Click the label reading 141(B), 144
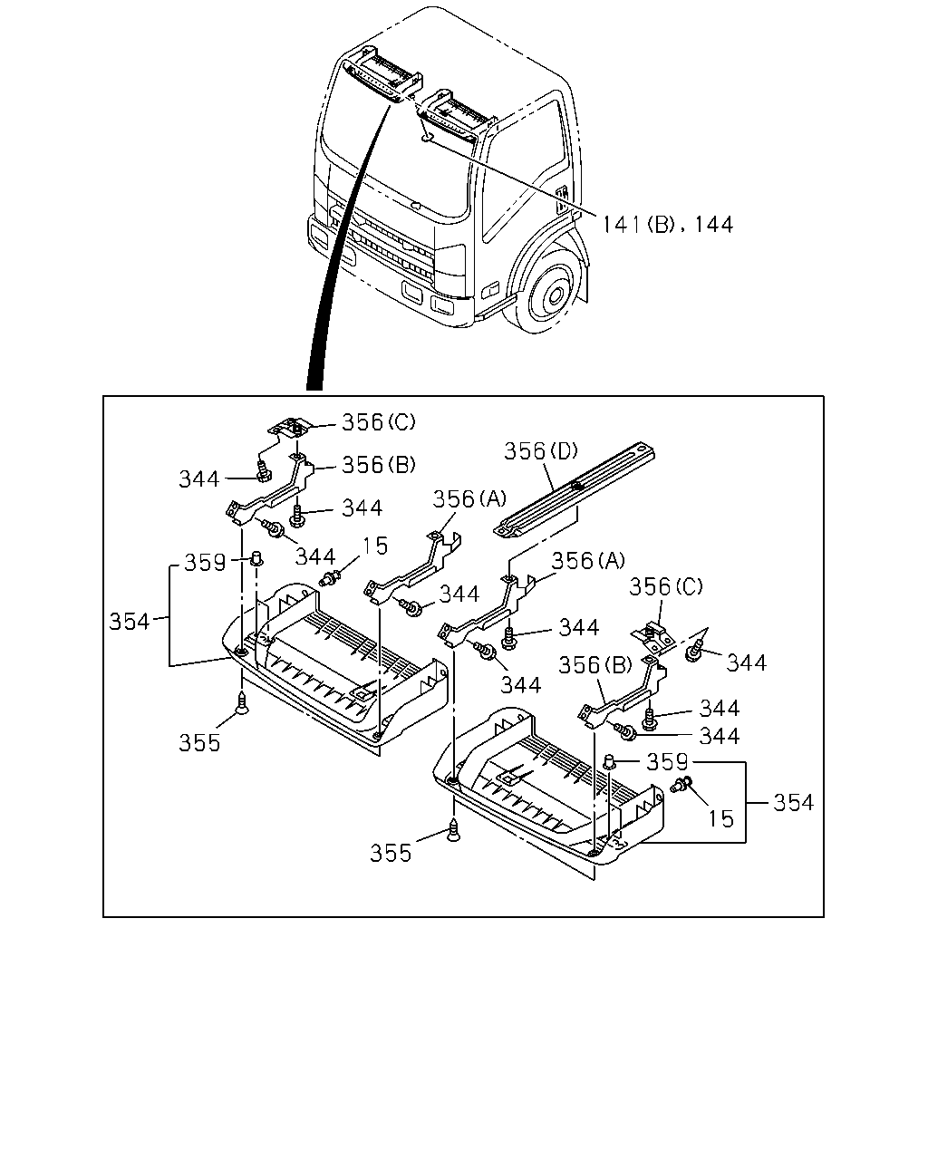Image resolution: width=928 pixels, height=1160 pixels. pyautogui.click(x=667, y=224)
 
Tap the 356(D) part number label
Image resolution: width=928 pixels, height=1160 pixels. pyautogui.click(x=541, y=450)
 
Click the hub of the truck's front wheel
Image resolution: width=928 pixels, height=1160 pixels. pyautogui.click(x=555, y=296)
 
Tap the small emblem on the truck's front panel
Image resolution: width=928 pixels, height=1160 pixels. pyautogui.click(x=415, y=206)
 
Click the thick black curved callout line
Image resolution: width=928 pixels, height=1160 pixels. pyautogui.click(x=340, y=243)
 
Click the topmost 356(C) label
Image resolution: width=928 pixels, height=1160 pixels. pyautogui.click(x=379, y=422)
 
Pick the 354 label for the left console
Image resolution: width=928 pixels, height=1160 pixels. pyautogui.click(x=129, y=622)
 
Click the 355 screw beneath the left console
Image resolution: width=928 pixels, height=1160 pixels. pyautogui.click(x=243, y=703)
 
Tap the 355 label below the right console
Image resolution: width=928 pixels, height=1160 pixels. pyautogui.click(x=391, y=854)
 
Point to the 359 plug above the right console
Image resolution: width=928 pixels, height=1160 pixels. pyautogui.click(x=610, y=761)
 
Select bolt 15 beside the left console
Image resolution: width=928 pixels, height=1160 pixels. pyautogui.click(x=331, y=579)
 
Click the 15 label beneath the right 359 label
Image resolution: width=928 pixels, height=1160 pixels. pyautogui.click(x=721, y=818)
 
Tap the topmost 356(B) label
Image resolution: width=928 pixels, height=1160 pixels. pyautogui.click(x=379, y=465)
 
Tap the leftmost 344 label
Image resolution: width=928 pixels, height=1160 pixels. pyautogui.click(x=199, y=479)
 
